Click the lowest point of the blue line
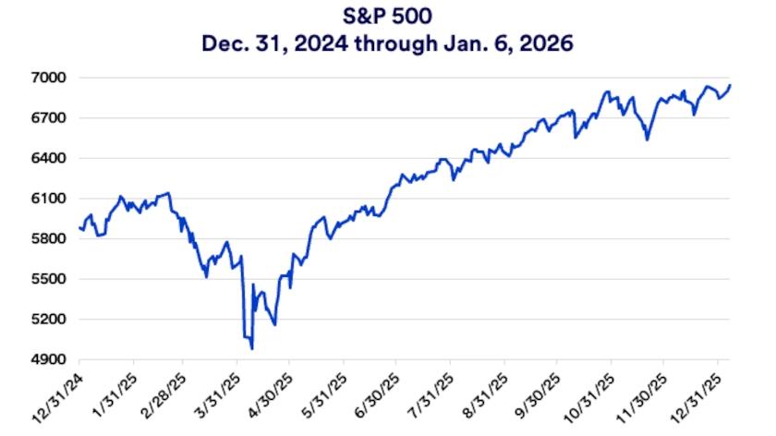pos(251,348)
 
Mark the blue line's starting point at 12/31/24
pos(80,227)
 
